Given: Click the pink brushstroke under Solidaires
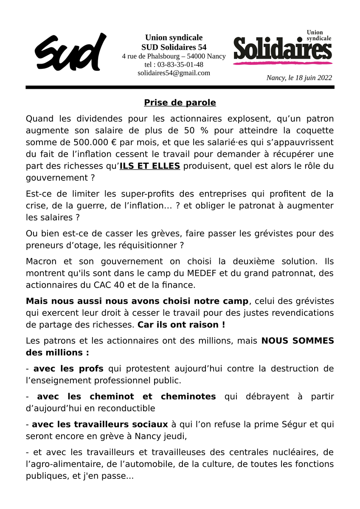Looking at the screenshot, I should [282, 63].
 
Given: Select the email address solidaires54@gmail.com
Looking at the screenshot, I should [174, 73].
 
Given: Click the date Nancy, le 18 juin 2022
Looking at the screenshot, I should [299, 78].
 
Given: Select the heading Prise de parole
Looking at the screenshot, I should [180, 103].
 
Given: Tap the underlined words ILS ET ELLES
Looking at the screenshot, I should [149, 166].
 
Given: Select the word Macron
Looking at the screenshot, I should [40, 262].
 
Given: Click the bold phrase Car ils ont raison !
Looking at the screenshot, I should [181, 324].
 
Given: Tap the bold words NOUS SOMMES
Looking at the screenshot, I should [297, 340].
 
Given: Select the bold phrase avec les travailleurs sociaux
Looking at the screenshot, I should [100, 424].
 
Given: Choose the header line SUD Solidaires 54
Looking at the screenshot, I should [174, 47].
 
